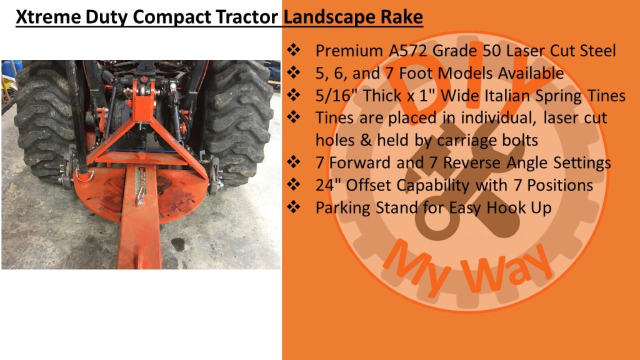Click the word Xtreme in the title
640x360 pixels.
coord(47,17)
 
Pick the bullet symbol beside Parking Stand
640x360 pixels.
coord(294,207)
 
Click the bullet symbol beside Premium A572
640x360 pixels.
coord(294,50)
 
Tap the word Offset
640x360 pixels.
coord(368,185)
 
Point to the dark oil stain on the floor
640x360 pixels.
coord(178,244)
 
